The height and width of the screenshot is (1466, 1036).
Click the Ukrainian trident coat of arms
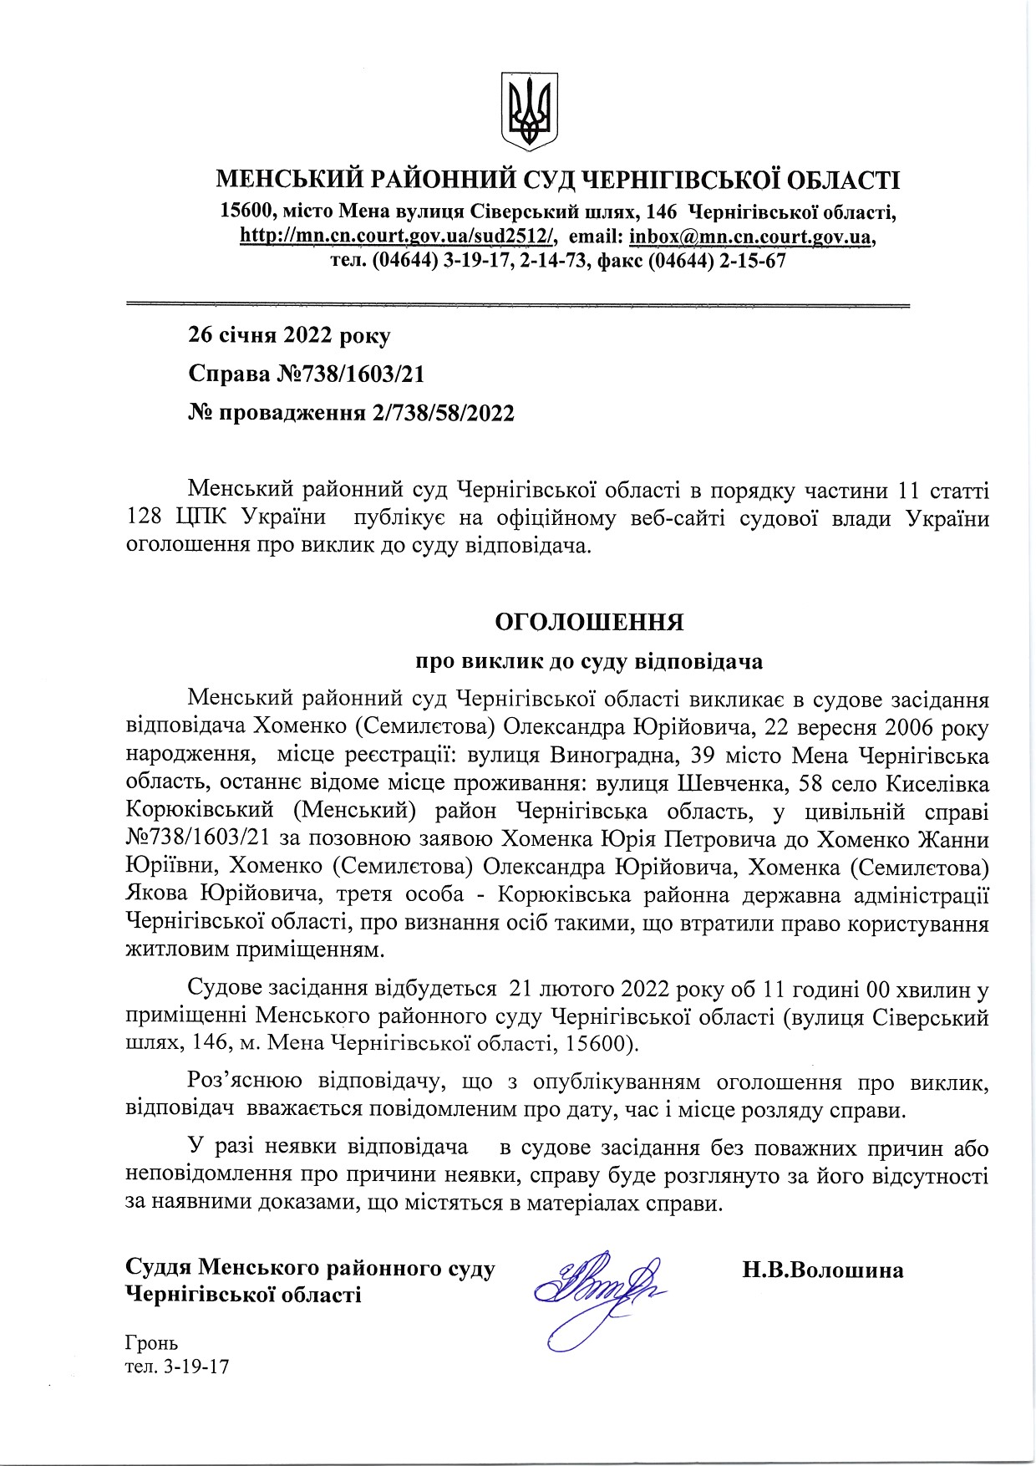click(x=529, y=111)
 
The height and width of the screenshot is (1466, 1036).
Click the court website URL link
click(x=398, y=237)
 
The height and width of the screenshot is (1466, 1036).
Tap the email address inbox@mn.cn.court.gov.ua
click(x=751, y=237)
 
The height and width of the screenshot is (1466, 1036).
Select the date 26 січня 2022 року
click(x=289, y=336)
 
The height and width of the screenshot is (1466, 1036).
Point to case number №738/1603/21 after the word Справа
click(x=350, y=374)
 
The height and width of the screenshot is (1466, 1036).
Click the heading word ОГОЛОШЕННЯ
click(x=589, y=623)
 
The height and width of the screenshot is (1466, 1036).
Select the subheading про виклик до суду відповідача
click(x=589, y=661)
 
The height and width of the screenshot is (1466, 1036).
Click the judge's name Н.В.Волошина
click(x=823, y=1270)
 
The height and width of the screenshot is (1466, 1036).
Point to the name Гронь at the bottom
click(x=151, y=1343)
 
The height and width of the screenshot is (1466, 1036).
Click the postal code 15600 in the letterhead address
click(x=245, y=211)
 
